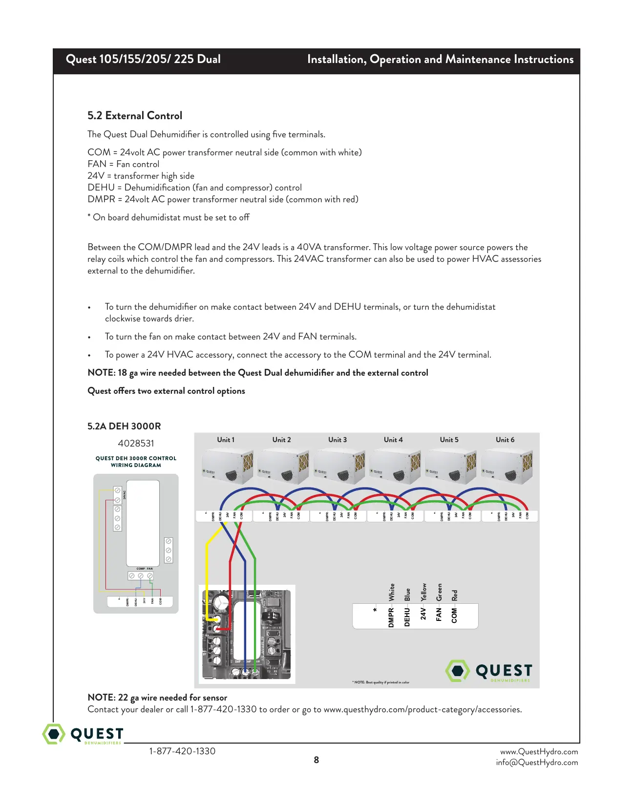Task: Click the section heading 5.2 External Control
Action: pos(135,116)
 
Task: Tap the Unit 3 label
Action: pos(338,440)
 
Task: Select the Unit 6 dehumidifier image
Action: pos(506,467)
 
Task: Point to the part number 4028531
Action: pos(136,444)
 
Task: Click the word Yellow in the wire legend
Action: pos(424,592)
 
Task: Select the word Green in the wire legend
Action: pos(439,592)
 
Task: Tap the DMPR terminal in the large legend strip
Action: pos(391,617)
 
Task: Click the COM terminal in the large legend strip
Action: pos(454,616)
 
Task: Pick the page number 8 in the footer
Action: pos(316,760)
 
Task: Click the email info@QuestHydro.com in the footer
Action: pos(537,763)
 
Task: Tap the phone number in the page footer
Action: pos(182,751)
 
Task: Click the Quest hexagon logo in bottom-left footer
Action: pos(54,734)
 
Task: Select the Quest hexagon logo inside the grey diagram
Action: pos(458,671)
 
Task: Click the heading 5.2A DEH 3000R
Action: pos(124,426)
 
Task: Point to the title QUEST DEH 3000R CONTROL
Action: pos(136,458)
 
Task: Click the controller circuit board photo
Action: pos(247,634)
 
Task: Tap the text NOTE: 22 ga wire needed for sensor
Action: pos(157,698)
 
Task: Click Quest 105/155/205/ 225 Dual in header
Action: pos(143,60)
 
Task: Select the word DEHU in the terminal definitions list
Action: pos(101,188)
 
